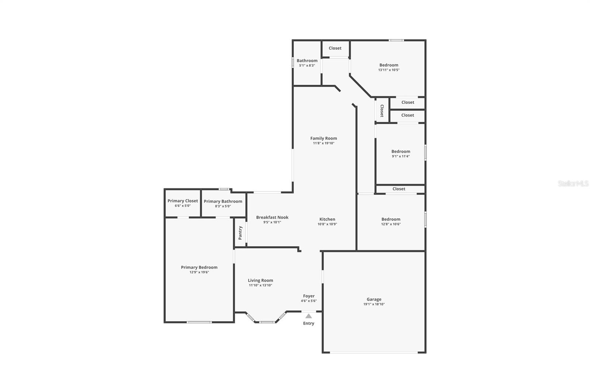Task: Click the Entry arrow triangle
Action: click(309, 316)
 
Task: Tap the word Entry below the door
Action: click(309, 324)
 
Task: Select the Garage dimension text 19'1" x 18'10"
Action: click(374, 304)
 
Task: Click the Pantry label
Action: click(240, 233)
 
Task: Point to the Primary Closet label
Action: click(183, 201)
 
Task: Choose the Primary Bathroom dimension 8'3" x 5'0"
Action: click(223, 206)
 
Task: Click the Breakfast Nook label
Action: click(272, 217)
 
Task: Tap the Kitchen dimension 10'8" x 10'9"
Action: click(327, 224)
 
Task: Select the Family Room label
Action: click(323, 138)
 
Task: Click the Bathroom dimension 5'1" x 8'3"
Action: click(307, 66)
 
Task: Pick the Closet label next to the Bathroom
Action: click(335, 48)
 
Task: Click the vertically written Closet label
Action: click(382, 111)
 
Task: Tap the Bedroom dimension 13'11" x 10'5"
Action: click(389, 70)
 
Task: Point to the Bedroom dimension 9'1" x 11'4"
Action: click(400, 156)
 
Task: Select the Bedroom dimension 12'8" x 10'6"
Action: click(391, 224)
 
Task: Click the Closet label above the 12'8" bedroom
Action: click(399, 189)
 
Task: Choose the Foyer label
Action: click(309, 296)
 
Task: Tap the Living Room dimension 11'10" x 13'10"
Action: click(260, 285)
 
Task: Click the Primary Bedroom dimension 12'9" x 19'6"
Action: click(199, 272)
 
